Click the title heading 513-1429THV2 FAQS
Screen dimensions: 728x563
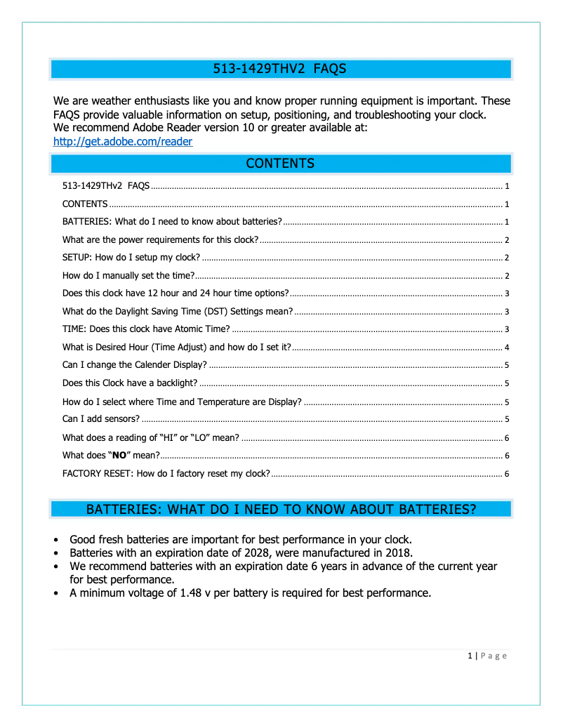click(280, 69)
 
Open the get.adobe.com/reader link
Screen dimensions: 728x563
click(123, 141)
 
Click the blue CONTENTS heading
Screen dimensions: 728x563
click(280, 164)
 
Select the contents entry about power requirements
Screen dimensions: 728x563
click(160, 239)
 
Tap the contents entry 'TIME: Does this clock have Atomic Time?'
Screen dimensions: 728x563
click(146, 329)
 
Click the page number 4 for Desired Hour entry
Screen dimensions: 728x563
click(506, 348)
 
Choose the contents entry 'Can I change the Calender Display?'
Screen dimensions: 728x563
click(134, 365)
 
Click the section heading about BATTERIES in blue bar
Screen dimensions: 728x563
click(280, 510)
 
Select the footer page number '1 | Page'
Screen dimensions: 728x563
click(486, 656)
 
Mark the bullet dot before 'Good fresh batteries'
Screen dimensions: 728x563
click(56, 541)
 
